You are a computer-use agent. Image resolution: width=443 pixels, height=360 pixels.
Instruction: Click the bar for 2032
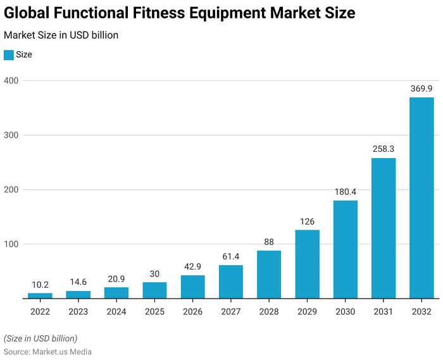click(421, 197)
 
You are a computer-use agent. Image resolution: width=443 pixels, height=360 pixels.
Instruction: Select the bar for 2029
click(307, 264)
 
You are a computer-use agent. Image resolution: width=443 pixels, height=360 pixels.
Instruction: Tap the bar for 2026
click(192, 287)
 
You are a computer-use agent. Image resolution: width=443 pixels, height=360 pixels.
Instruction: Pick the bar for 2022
click(40, 295)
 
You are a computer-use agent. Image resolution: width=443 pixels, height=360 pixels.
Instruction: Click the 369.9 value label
click(421, 89)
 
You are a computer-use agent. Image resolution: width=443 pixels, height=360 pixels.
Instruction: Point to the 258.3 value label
click(384, 150)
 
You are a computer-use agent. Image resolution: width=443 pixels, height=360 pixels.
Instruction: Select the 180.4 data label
click(346, 192)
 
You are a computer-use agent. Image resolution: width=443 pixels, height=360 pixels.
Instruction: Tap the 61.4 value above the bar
click(231, 257)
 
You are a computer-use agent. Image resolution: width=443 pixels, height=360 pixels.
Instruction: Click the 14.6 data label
click(78, 283)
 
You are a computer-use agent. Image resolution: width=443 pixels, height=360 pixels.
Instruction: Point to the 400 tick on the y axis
click(11, 81)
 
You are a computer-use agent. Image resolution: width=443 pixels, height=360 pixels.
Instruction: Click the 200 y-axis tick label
click(11, 190)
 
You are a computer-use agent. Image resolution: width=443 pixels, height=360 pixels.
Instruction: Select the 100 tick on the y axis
click(11, 244)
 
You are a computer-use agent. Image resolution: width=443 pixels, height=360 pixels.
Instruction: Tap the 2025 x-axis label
click(154, 312)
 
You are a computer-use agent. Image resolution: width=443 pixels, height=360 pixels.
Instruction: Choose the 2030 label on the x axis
click(346, 312)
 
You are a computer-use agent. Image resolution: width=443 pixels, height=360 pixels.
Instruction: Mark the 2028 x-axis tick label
click(269, 312)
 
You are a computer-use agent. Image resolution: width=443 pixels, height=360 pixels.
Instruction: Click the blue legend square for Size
click(8, 55)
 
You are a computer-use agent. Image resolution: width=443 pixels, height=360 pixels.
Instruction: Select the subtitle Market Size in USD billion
click(61, 35)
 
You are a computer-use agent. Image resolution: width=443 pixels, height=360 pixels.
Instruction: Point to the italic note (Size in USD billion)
click(41, 338)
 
